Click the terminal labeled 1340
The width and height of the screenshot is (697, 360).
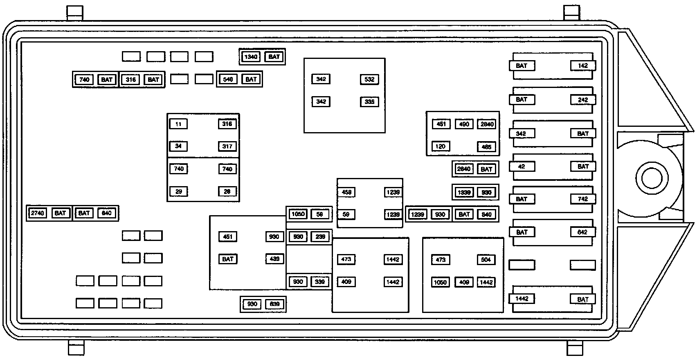[251, 57]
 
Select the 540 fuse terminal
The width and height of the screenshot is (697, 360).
[228, 79]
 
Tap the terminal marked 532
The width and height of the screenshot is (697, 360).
[369, 79]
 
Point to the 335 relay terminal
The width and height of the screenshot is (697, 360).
[369, 102]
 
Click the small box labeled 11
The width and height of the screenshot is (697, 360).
[178, 124]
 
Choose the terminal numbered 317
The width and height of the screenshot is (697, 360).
[227, 146]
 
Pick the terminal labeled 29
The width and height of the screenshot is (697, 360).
[178, 191]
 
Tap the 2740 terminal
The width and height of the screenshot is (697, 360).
[37, 213]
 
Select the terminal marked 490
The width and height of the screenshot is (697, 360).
[464, 124]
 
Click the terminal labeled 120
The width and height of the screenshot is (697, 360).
[441, 146]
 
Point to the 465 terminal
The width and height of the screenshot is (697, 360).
[486, 147]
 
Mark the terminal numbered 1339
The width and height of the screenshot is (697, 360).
[464, 192]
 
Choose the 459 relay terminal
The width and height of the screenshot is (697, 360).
[346, 192]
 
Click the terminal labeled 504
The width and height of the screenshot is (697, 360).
[486, 260]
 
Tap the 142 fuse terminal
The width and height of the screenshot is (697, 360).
[583, 66]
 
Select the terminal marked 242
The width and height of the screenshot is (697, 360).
[583, 100]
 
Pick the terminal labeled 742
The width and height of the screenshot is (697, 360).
[583, 199]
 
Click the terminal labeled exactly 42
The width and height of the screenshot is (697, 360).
[521, 166]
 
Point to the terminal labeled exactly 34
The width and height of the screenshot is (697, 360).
[178, 146]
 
